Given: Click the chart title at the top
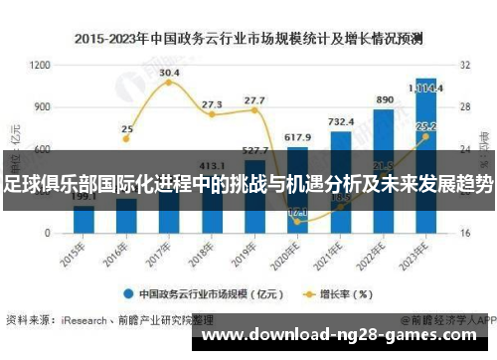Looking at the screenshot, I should coord(248,39).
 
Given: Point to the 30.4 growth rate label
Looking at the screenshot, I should coord(169,73).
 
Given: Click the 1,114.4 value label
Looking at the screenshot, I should coord(427,87).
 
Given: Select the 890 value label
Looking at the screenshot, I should coord(385,100).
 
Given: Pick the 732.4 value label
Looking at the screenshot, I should coord(341,121).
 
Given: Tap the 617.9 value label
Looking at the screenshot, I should coord(297,136).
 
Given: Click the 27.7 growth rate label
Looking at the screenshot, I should coord(254,100).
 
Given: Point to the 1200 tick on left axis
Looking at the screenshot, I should coord(40,65).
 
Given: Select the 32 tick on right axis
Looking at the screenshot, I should coord(464,65).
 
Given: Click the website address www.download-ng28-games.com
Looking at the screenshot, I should coord(345,335).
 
